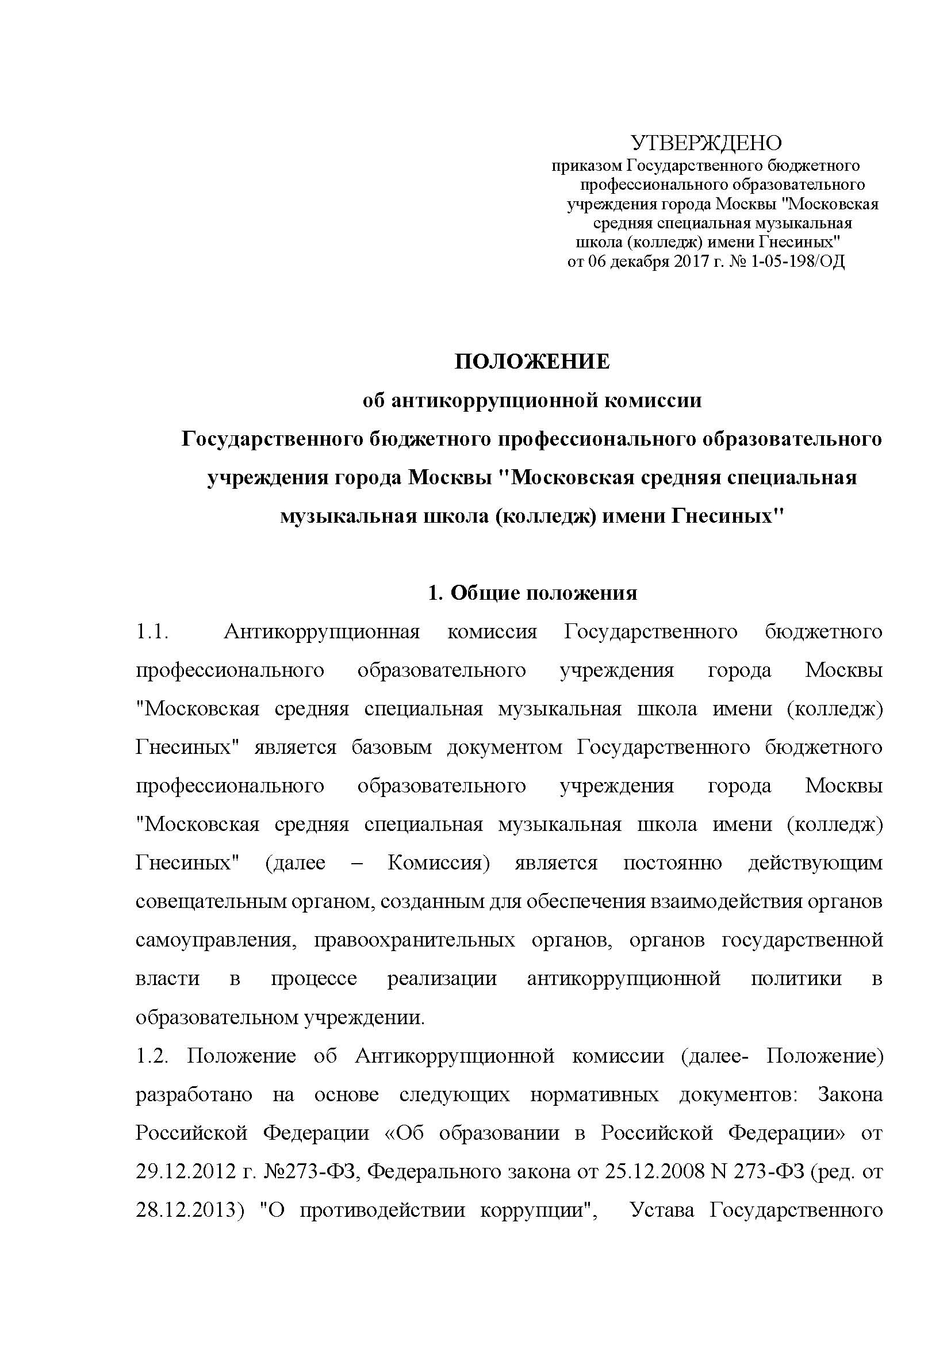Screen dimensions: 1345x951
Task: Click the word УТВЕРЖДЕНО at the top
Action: (x=705, y=143)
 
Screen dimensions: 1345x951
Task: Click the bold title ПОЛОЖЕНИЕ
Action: (x=532, y=362)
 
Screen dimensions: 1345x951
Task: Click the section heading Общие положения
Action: (x=544, y=593)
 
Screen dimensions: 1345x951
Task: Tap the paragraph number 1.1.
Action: (x=152, y=631)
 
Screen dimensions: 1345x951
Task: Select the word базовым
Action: (x=391, y=748)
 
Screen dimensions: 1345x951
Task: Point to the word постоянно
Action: (x=672, y=863)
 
